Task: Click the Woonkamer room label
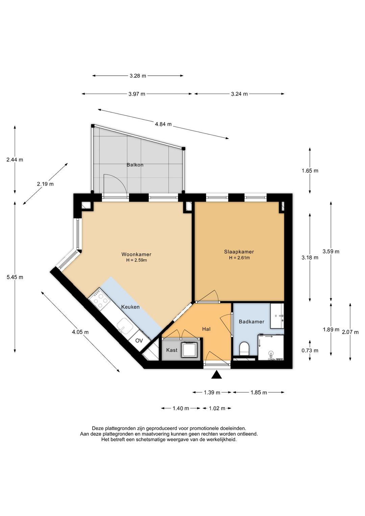(x=136, y=254)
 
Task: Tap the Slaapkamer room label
(x=239, y=252)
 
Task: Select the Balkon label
(x=135, y=165)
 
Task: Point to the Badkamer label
(x=251, y=322)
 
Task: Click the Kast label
(x=172, y=350)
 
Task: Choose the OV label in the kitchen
(x=139, y=341)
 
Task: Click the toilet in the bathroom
(x=244, y=348)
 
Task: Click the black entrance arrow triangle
(x=217, y=375)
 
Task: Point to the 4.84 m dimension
(x=163, y=124)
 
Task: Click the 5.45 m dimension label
(x=15, y=277)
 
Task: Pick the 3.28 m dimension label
(x=138, y=76)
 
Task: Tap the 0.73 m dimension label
(x=310, y=350)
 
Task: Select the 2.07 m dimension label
(x=350, y=332)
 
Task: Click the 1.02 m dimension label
(x=217, y=408)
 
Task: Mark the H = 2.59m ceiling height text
(x=136, y=260)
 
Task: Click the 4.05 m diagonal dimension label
(x=80, y=332)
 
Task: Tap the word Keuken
(x=130, y=307)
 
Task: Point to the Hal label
(x=206, y=329)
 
